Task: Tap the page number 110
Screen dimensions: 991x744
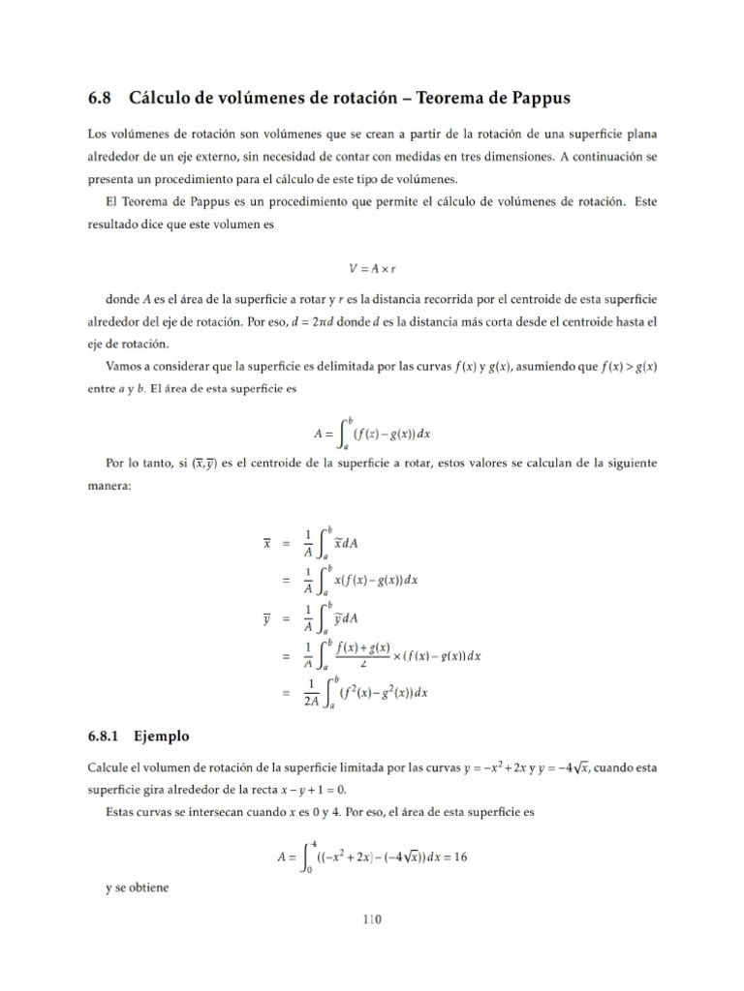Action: [x=372, y=919]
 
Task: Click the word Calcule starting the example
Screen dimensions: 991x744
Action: [x=107, y=767]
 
